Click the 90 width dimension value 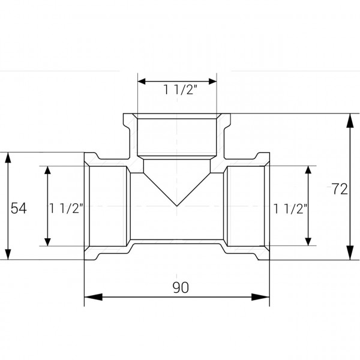coord(180,287)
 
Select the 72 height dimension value coord(339,189)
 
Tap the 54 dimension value coord(19,208)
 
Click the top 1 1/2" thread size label coord(177,90)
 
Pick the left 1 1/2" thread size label coord(66,208)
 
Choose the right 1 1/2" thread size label coord(290,208)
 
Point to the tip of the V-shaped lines coord(177,206)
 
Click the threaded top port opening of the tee coord(177,135)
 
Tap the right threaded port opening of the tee coord(247,206)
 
